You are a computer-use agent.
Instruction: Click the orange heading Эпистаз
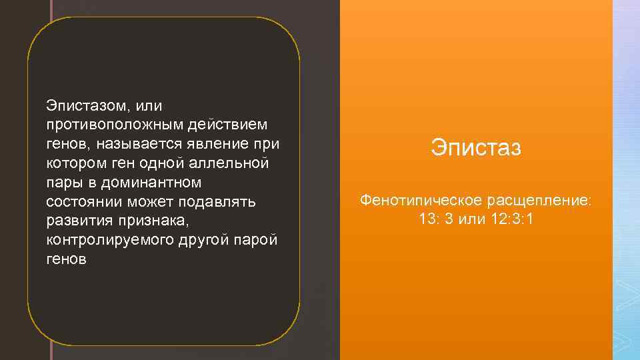[475, 147]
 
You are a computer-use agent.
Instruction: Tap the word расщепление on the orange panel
[539, 200]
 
